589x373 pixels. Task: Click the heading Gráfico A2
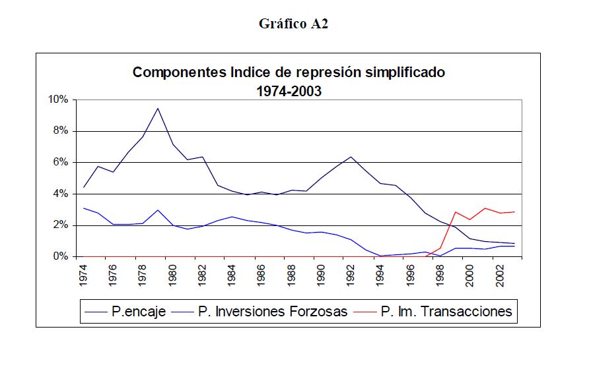294,24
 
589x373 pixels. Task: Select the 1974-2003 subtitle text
289,91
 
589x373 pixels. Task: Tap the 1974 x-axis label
84,274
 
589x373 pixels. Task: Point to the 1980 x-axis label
172,274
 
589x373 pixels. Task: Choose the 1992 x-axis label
351,274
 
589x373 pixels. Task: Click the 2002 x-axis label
499,274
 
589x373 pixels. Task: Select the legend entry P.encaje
137,311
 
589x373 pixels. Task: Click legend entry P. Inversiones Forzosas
272,311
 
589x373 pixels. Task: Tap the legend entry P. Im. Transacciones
446,311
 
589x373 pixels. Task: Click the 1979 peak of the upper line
158,108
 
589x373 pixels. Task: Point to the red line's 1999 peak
454,212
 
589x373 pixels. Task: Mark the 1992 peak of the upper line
351,157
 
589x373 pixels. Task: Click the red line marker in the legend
368,312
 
